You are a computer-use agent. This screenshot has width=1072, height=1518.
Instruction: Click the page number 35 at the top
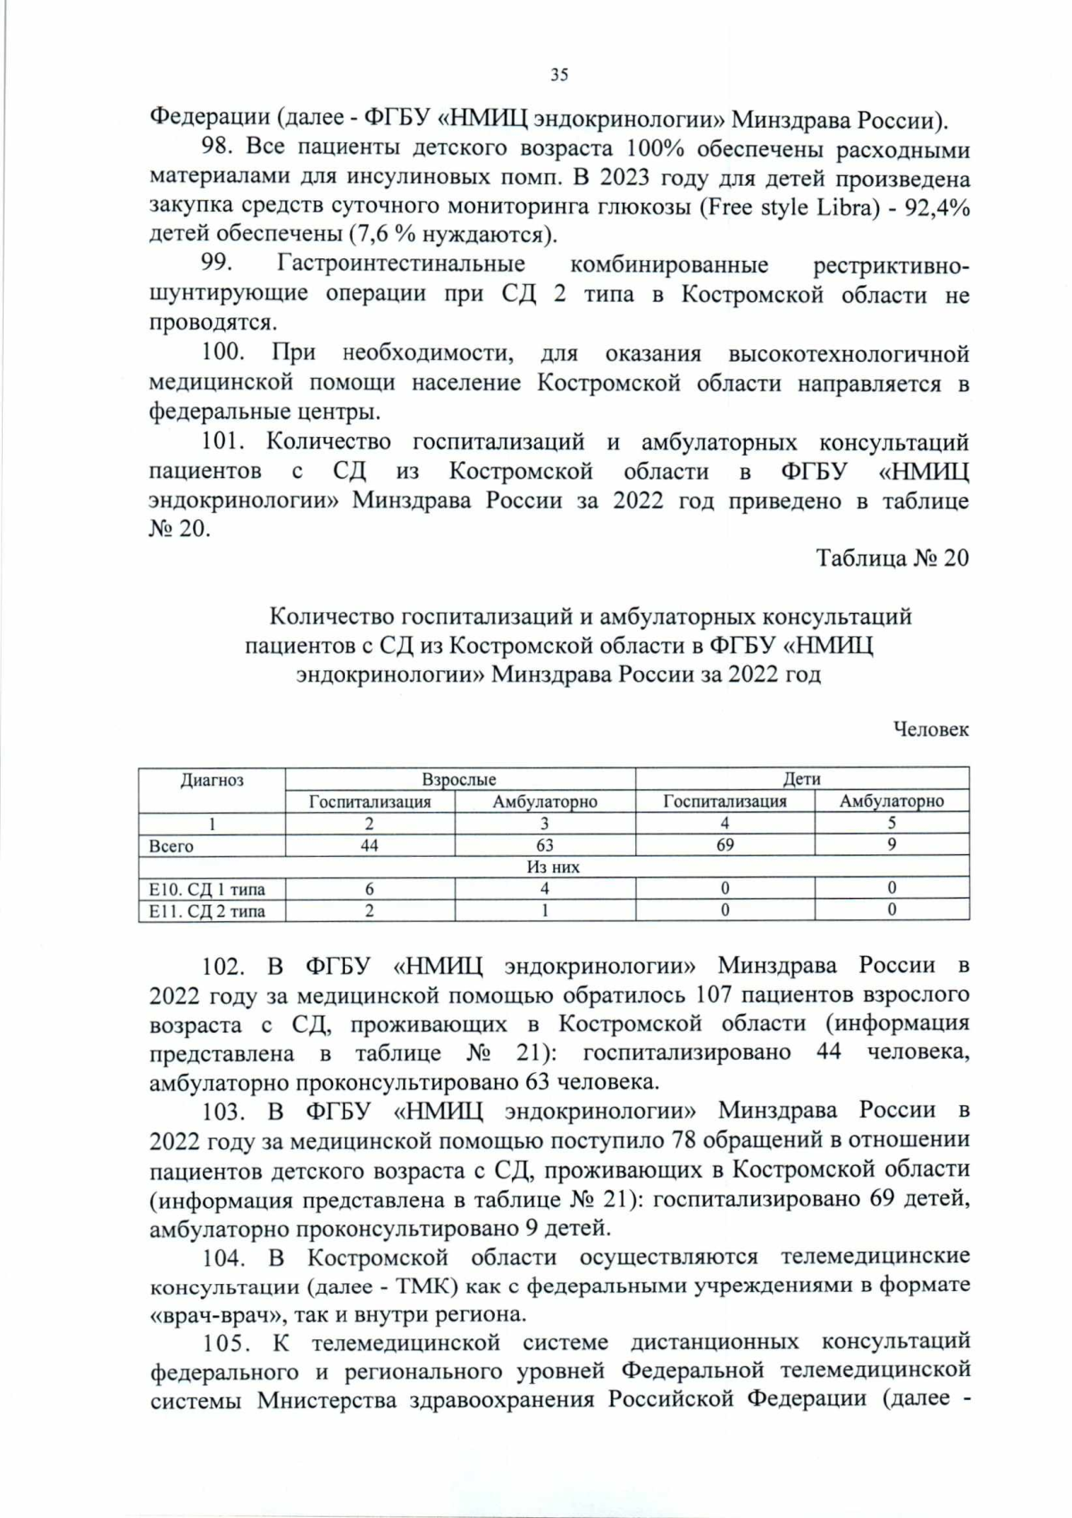click(558, 75)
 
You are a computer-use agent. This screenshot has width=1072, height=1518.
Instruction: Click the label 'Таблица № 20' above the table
click(892, 558)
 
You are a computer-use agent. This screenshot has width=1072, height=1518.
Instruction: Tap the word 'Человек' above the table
click(931, 730)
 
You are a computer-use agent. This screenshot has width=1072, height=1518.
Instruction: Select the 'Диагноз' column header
click(212, 780)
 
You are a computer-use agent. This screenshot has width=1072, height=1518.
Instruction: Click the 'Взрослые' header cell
click(459, 779)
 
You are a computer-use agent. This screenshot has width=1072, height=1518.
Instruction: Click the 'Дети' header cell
click(801, 779)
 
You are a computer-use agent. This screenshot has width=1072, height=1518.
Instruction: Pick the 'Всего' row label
click(172, 846)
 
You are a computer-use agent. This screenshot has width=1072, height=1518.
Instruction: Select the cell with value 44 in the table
click(369, 845)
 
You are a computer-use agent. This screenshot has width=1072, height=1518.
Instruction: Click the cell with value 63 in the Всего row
click(544, 845)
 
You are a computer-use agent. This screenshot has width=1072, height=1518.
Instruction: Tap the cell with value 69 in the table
click(724, 845)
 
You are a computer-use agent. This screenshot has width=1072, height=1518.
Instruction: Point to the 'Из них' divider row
click(553, 867)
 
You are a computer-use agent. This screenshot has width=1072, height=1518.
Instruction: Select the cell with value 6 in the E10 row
click(369, 889)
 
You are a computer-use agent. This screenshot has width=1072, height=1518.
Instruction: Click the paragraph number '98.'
click(217, 147)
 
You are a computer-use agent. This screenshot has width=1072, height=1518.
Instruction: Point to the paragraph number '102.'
click(223, 966)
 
